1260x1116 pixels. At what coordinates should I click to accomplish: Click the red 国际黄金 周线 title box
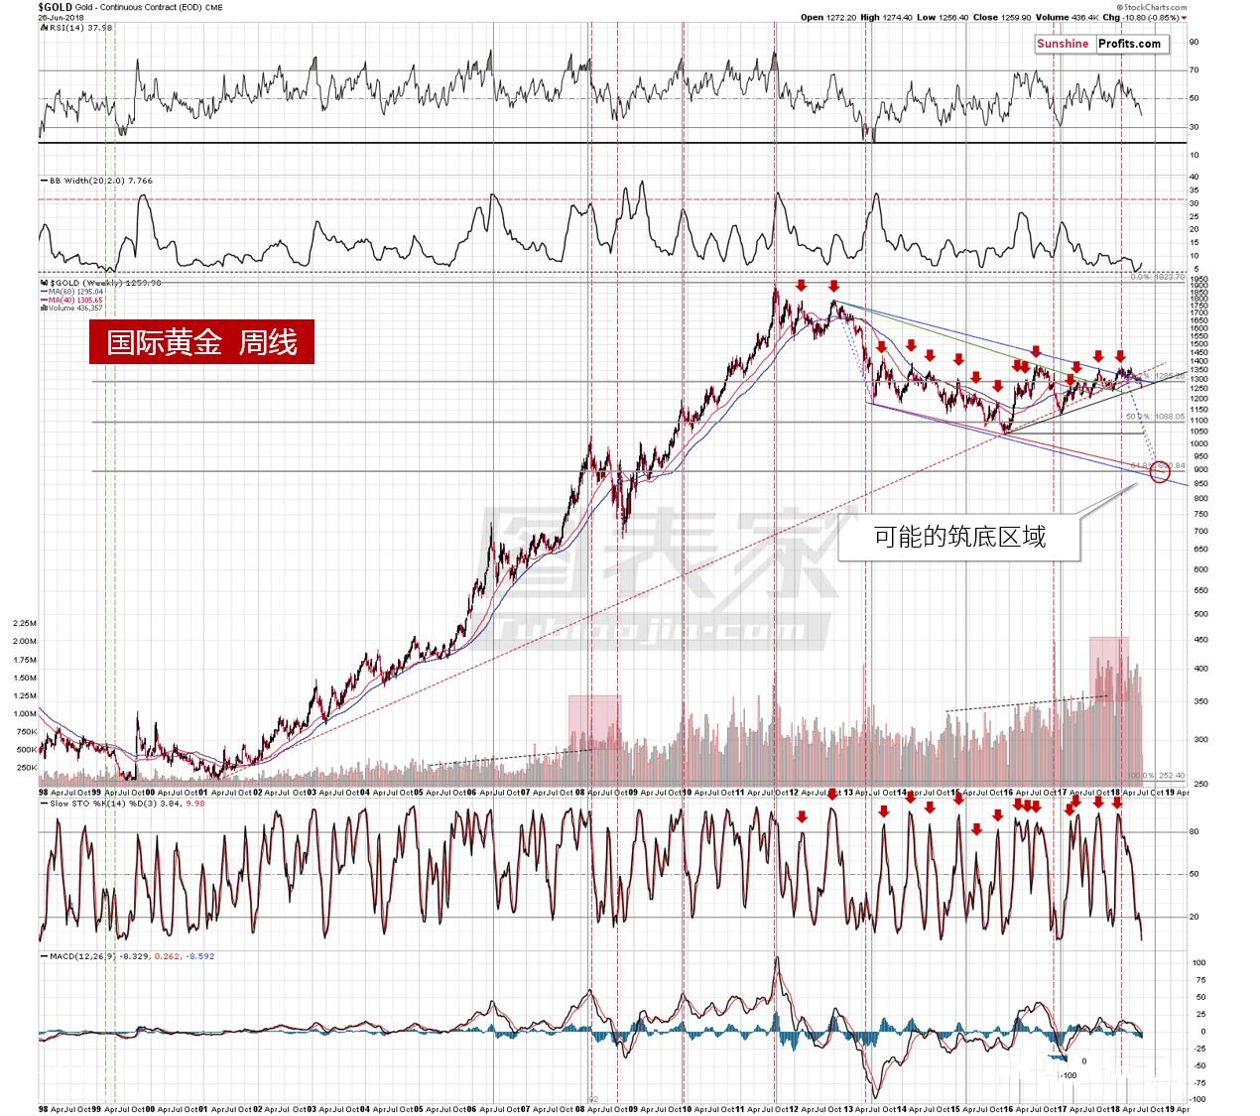tap(201, 342)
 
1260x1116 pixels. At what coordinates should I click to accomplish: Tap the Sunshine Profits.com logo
tap(1099, 44)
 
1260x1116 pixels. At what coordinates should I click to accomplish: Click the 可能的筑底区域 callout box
tap(958, 538)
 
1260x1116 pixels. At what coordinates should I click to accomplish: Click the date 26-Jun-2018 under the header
tap(63, 18)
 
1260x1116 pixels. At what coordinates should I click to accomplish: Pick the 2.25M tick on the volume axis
tap(24, 623)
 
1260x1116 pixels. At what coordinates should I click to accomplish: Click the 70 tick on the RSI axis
tap(1194, 69)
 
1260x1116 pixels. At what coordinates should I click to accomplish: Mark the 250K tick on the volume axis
tap(25, 768)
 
